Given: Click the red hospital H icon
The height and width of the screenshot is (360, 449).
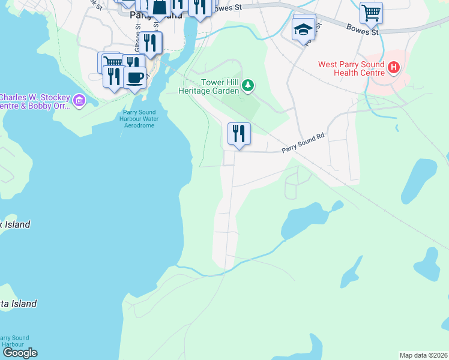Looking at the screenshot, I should [x=393, y=67].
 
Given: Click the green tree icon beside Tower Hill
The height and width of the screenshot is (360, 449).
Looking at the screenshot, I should [x=248, y=86].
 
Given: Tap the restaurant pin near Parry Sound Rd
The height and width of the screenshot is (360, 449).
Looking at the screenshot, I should [x=239, y=134].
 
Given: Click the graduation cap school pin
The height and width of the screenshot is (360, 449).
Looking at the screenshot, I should [x=304, y=29].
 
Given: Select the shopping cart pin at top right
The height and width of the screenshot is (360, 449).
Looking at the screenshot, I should [x=371, y=12].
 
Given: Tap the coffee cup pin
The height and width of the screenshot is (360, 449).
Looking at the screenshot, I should [x=134, y=76].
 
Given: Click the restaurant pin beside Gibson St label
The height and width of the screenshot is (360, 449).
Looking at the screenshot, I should [x=150, y=43].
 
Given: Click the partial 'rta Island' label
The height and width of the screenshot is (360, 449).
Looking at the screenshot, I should [x=18, y=304].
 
